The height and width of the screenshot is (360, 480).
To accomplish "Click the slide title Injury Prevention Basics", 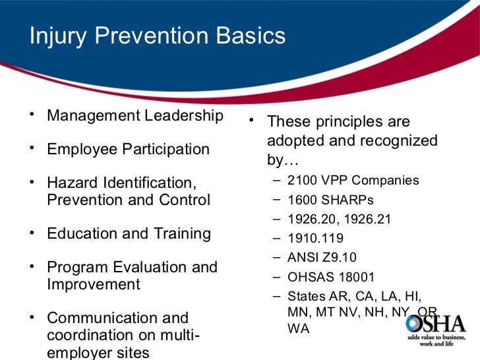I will click(158, 36).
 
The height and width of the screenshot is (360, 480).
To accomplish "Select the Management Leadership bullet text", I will click(135, 116).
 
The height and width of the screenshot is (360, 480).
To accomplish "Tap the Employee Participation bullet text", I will click(128, 150).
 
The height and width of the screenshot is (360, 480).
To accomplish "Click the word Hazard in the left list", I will click(71, 183).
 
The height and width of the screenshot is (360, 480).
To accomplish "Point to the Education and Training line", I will click(129, 234).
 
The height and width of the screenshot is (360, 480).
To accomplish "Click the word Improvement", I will click(93, 285).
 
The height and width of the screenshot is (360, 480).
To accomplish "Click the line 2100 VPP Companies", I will click(353, 181).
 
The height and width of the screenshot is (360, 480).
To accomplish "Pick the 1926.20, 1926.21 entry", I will click(339, 220).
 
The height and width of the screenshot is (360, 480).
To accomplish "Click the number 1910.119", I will click(315, 239).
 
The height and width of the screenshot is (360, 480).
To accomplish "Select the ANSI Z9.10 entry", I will click(321, 258).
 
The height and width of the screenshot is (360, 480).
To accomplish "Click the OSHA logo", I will click(436, 324).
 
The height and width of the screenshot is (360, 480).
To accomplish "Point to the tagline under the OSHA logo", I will click(436, 344).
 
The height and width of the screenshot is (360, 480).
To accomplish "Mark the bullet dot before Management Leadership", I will click(32, 113).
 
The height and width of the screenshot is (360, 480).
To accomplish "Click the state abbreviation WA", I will click(299, 328).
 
